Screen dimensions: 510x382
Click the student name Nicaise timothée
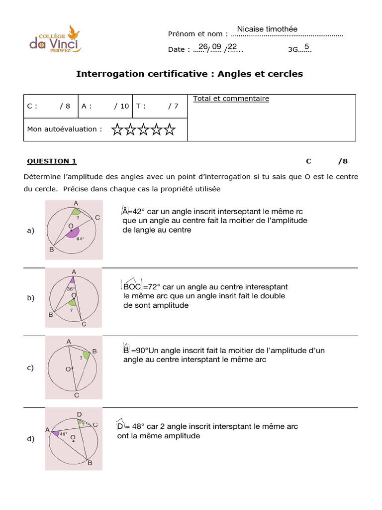tap(267, 29)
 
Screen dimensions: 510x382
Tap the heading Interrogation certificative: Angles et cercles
tap(189, 74)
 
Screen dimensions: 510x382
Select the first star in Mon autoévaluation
tap(117, 130)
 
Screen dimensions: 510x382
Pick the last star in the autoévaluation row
tap(170, 130)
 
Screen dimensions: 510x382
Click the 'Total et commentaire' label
tap(231, 99)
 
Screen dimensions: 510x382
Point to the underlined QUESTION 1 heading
tap(52, 161)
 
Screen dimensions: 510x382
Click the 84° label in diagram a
tap(80, 239)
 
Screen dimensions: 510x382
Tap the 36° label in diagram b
tap(71, 288)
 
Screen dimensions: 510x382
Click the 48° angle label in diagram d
tap(63, 434)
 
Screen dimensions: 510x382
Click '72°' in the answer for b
tap(152, 287)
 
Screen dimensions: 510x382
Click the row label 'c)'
tap(30, 368)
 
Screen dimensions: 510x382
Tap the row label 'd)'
tap(30, 439)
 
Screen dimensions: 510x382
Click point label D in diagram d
tap(79, 414)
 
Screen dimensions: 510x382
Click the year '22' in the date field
tap(232, 47)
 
